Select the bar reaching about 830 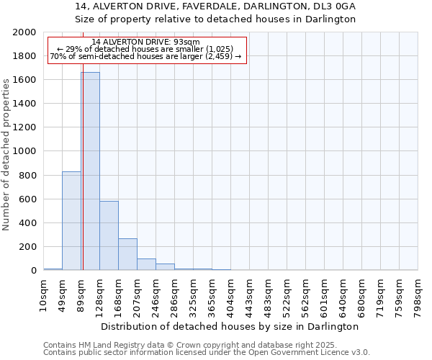[x=71, y=220]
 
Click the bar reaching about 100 [x=146, y=264]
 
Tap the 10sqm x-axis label [x=44, y=294]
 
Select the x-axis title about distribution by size [x=230, y=326]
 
